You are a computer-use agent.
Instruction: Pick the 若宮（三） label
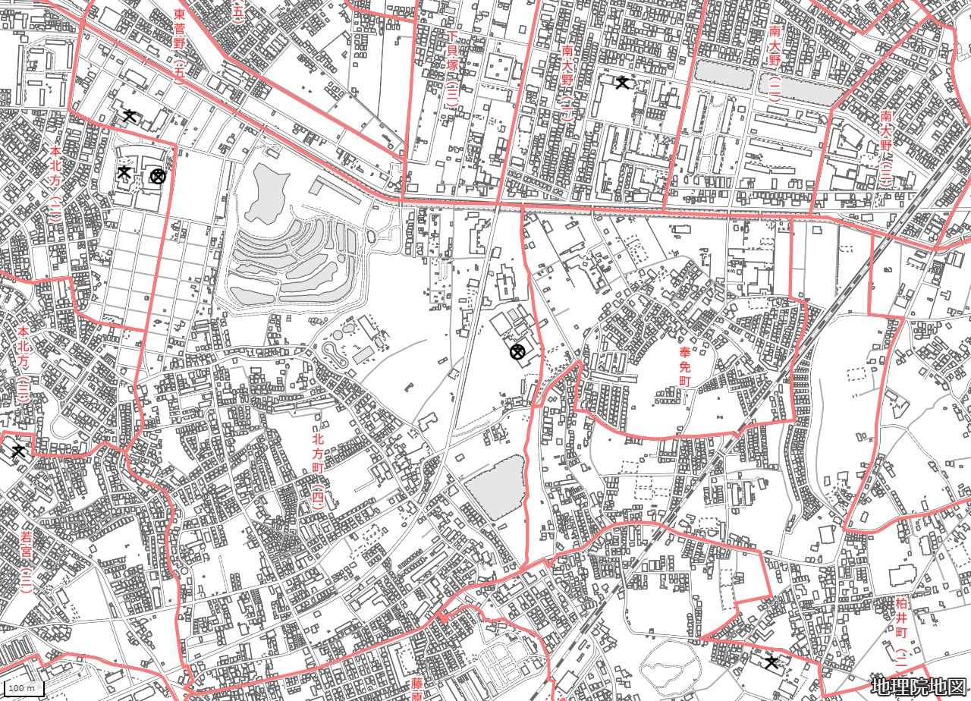point(26,561)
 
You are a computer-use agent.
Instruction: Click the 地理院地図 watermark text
point(918,687)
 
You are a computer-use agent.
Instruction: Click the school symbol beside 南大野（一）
point(623,82)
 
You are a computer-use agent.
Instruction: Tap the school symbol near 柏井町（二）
point(771,662)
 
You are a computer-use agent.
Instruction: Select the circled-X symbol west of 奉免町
point(517,351)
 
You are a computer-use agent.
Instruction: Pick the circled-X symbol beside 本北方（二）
point(157,177)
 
